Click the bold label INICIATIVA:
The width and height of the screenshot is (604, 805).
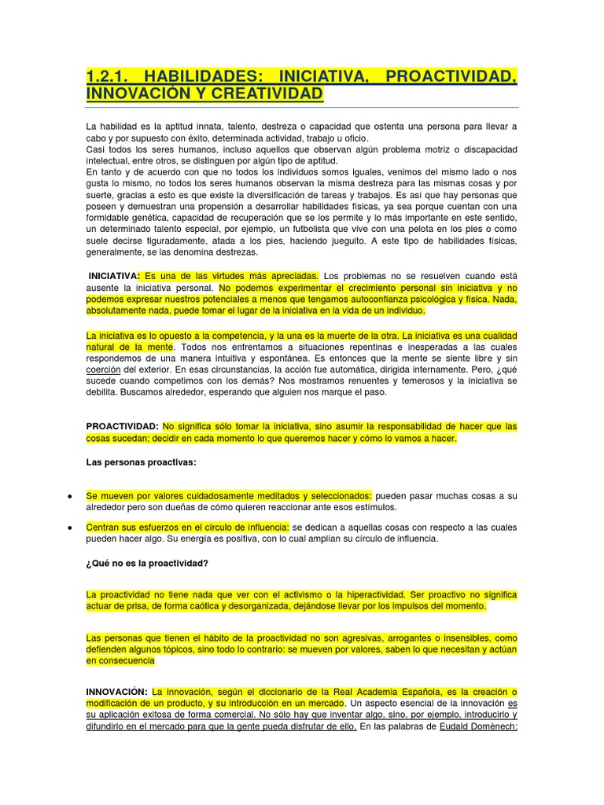(x=114, y=276)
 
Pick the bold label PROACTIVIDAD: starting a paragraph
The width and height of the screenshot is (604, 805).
(x=123, y=427)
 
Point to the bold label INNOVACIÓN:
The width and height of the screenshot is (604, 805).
(x=117, y=692)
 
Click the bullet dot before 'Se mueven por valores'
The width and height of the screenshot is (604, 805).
(x=70, y=497)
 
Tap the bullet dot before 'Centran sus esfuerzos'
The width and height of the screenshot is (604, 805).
(x=70, y=527)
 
